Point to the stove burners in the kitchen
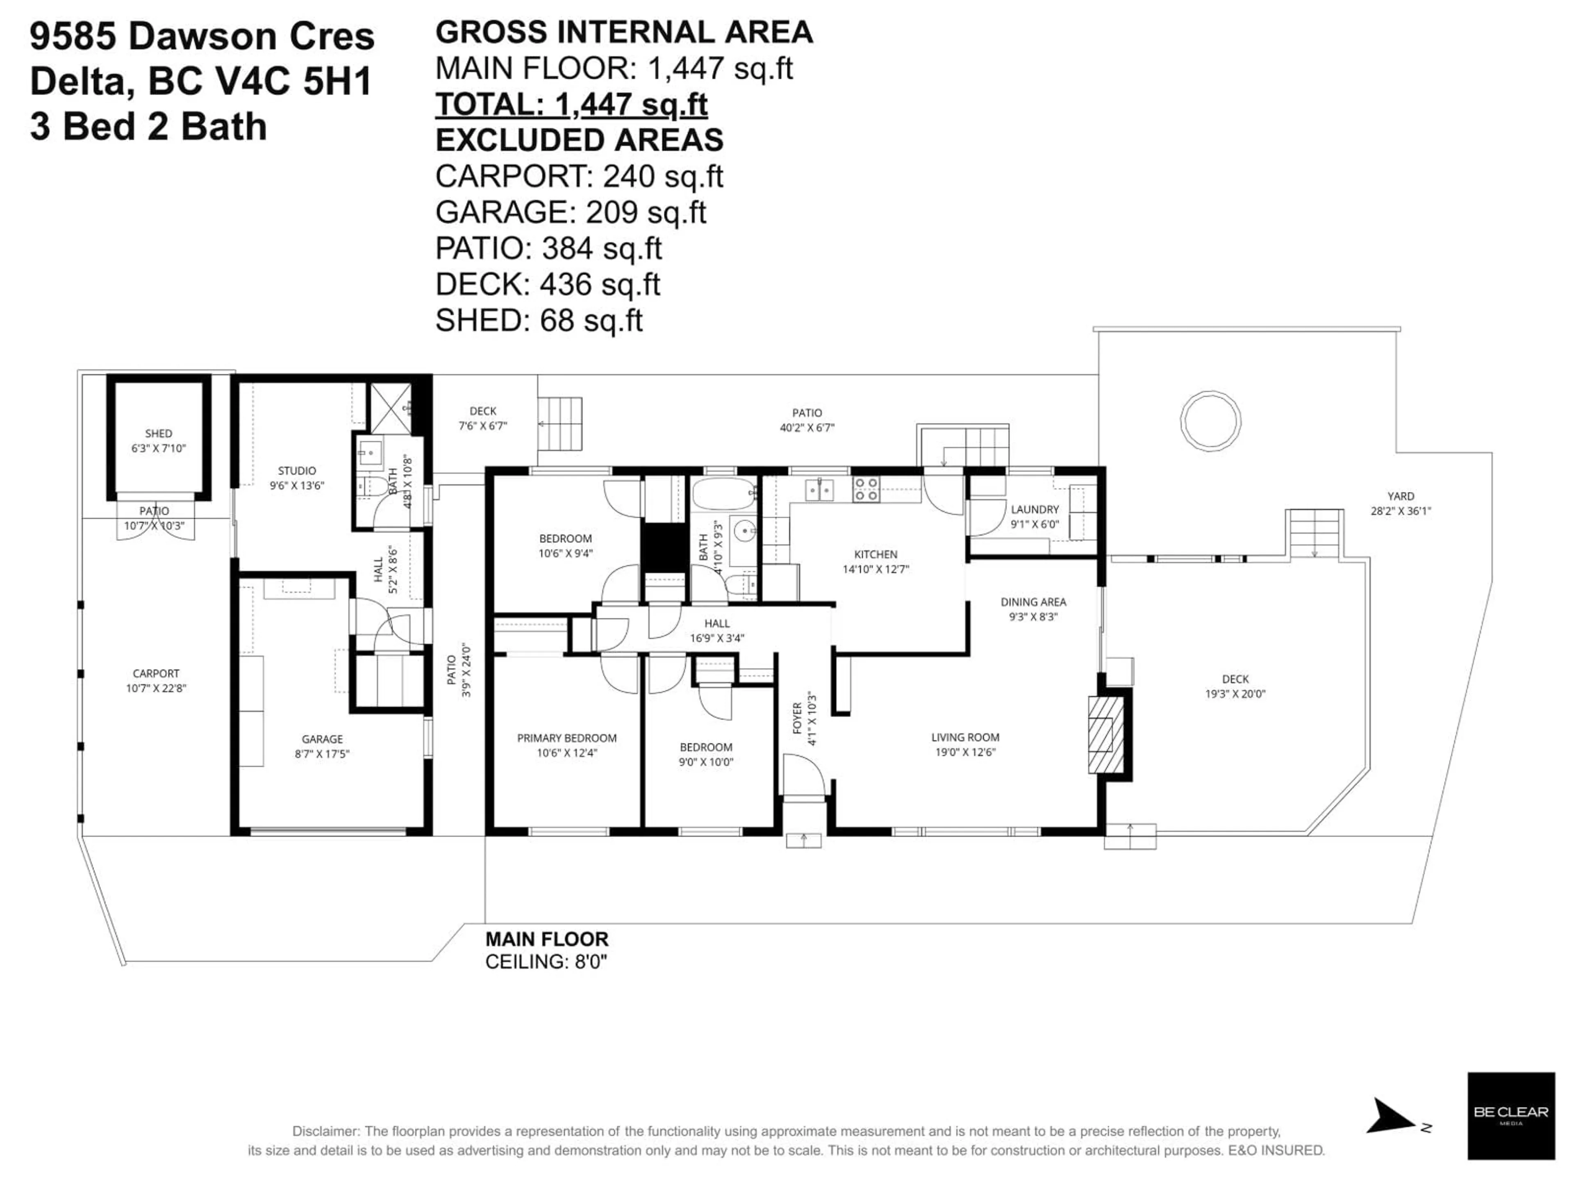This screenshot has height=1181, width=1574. [x=866, y=489]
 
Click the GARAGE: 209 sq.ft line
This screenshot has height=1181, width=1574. [x=570, y=212]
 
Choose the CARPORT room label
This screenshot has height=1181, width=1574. [x=156, y=673]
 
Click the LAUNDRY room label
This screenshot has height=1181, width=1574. [x=1035, y=509]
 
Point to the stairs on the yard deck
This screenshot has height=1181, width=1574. [x=1314, y=533]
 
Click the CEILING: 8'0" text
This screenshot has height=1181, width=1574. [x=546, y=962]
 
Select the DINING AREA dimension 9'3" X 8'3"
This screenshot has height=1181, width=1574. [x=1033, y=616]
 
